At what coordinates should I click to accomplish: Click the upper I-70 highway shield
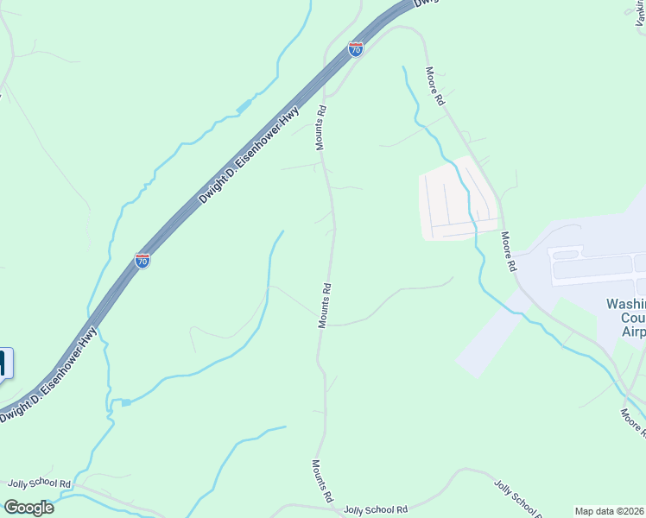pyautogui.click(x=356, y=49)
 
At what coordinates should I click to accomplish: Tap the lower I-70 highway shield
pyautogui.click(x=142, y=260)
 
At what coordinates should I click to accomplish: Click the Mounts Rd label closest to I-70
pyautogui.click(x=320, y=128)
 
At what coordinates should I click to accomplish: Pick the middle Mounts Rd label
pyautogui.click(x=325, y=305)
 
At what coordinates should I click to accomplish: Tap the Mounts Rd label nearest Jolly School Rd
pyautogui.click(x=323, y=481)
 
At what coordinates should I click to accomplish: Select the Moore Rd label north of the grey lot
pyautogui.click(x=434, y=86)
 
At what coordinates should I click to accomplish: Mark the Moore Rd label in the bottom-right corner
pyautogui.click(x=631, y=422)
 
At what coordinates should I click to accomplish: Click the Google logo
pyautogui.click(x=28, y=508)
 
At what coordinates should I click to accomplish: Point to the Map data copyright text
pyautogui.click(x=609, y=511)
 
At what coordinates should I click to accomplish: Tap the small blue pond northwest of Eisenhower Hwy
pyautogui.click(x=244, y=105)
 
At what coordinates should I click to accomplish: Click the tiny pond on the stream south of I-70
pyautogui.click(x=126, y=402)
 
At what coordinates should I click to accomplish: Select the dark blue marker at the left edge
pyautogui.click(x=4, y=363)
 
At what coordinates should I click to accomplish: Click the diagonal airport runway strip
pyautogui.click(x=489, y=336)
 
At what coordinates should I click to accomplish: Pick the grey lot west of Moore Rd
pyautogui.click(x=458, y=199)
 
